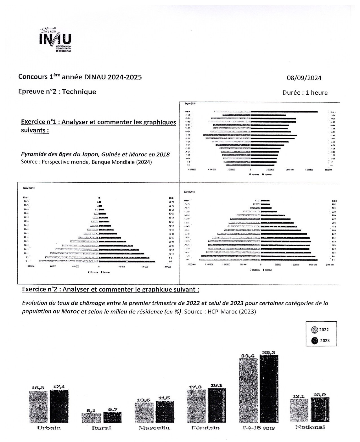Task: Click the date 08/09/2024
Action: (304, 78)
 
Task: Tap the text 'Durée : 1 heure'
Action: (305, 93)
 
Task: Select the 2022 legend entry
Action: (321, 330)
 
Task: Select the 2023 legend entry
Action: (321, 341)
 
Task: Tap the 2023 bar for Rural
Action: (112, 417)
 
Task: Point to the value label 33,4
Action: (247, 356)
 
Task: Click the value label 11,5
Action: (164, 398)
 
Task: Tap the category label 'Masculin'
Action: (154, 428)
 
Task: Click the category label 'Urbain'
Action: (49, 428)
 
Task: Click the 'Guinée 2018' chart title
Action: (29, 188)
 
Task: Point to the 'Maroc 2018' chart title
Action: (189, 192)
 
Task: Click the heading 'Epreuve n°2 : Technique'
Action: (57, 92)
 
